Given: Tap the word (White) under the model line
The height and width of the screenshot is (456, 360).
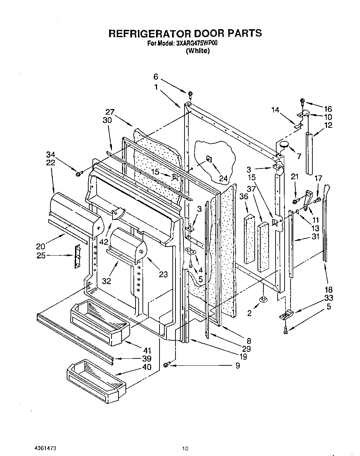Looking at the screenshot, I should coord(198,51).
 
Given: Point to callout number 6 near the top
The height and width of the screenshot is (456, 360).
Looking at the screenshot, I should coord(156,77).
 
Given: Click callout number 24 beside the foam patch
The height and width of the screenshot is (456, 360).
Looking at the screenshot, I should coord(223,179).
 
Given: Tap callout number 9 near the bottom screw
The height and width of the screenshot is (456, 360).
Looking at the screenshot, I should coord(237,365).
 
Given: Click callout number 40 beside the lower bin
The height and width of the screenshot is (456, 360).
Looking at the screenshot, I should coord(147,367).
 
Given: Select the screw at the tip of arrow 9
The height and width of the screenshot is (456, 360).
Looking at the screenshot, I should coord(166,364).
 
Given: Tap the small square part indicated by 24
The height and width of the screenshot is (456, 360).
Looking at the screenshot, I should coord(208,159).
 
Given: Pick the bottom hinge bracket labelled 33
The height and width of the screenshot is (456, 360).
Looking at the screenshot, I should coord(286,315).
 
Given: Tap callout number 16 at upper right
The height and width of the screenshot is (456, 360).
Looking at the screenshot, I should coord(328,109).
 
